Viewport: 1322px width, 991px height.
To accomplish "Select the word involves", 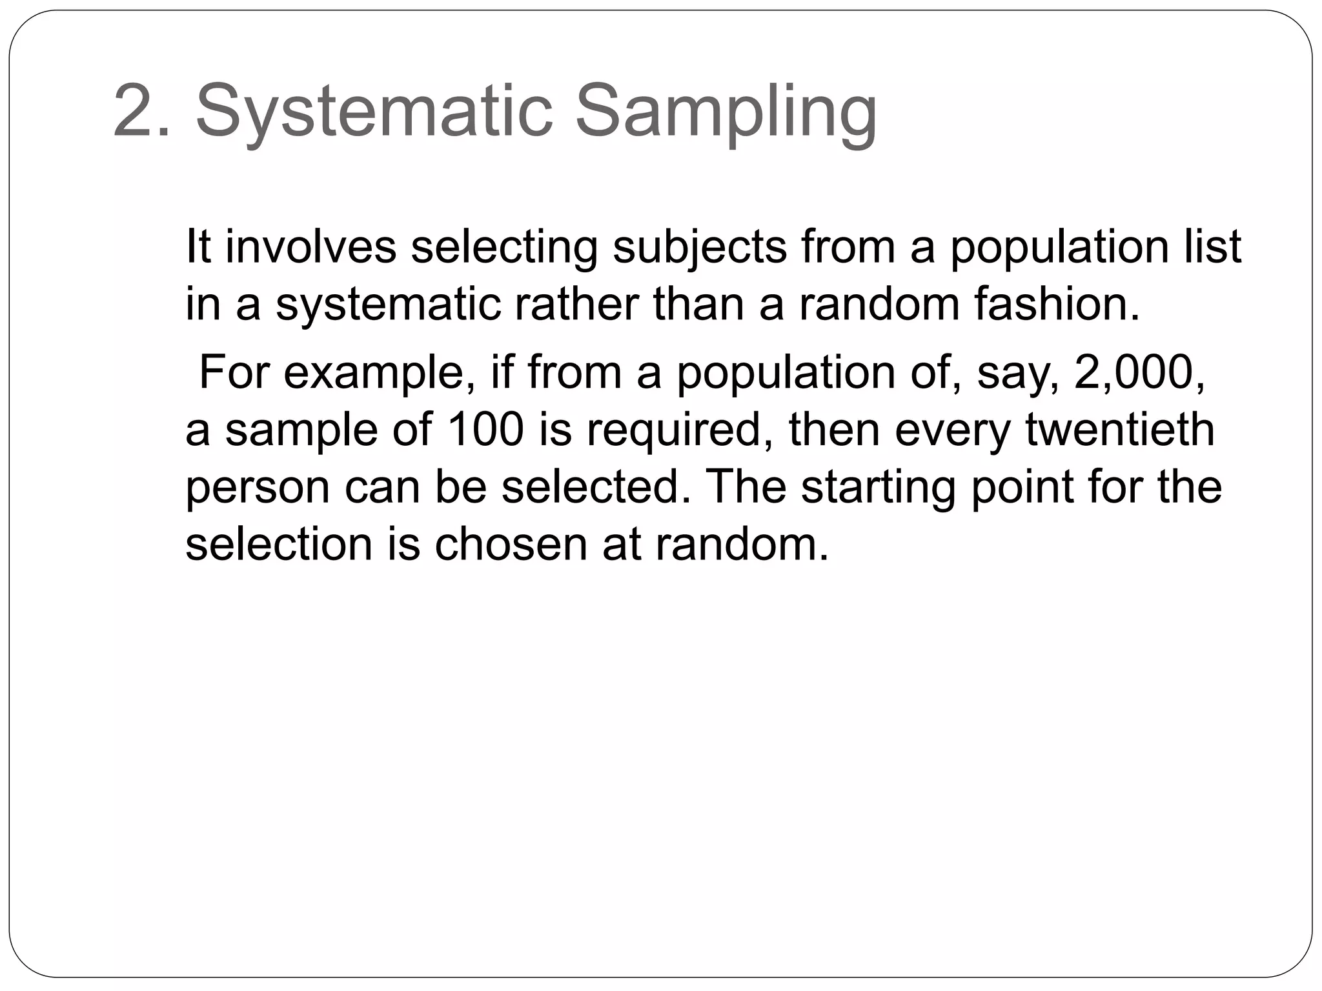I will (x=310, y=246).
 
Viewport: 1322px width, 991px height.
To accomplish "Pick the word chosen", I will (x=511, y=545).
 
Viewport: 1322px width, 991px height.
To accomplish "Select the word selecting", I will (x=504, y=248).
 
